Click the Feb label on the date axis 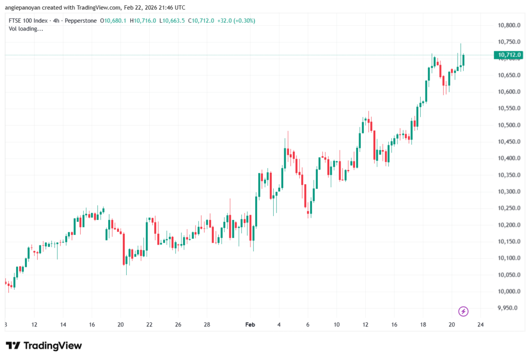(x=250, y=325)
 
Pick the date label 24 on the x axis (x=480, y=325)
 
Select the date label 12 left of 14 (x=34, y=325)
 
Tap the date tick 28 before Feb (x=207, y=325)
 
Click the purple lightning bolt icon (x=464, y=311)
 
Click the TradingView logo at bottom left (x=44, y=346)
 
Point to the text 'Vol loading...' (x=26, y=29)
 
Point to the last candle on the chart (x=464, y=59)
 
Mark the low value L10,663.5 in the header (x=173, y=21)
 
